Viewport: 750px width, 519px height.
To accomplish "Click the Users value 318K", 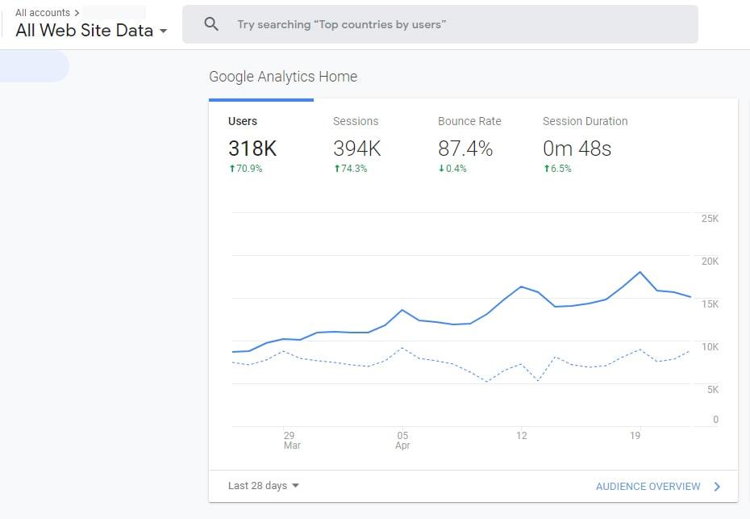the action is [252, 149].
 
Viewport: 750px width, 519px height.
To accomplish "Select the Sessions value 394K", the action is [356, 149].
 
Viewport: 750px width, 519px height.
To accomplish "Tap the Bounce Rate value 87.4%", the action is [465, 149].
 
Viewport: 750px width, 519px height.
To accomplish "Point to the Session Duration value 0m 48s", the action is [577, 149].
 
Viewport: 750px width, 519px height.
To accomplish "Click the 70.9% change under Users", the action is [246, 169].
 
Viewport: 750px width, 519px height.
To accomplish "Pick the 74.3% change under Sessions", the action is [351, 169].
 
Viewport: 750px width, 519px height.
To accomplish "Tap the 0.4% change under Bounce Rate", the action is [452, 169].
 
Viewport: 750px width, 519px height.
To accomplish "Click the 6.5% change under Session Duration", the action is [557, 169].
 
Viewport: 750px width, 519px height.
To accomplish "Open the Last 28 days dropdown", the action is [264, 485].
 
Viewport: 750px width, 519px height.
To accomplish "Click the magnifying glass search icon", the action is [211, 24].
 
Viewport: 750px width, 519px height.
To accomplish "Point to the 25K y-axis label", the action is [710, 218].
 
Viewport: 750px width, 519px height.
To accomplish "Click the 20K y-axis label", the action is [710, 261].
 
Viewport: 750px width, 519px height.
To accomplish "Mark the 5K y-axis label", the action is [713, 389].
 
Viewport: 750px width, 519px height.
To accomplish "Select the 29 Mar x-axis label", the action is [291, 440].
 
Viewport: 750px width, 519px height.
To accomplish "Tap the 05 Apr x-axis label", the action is [402, 440].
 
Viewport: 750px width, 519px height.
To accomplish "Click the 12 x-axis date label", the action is [521, 435].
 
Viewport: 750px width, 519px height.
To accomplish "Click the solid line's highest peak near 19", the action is [640, 272].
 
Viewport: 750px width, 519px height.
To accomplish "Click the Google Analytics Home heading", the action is [283, 77].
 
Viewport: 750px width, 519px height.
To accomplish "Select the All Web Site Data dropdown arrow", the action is [163, 31].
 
